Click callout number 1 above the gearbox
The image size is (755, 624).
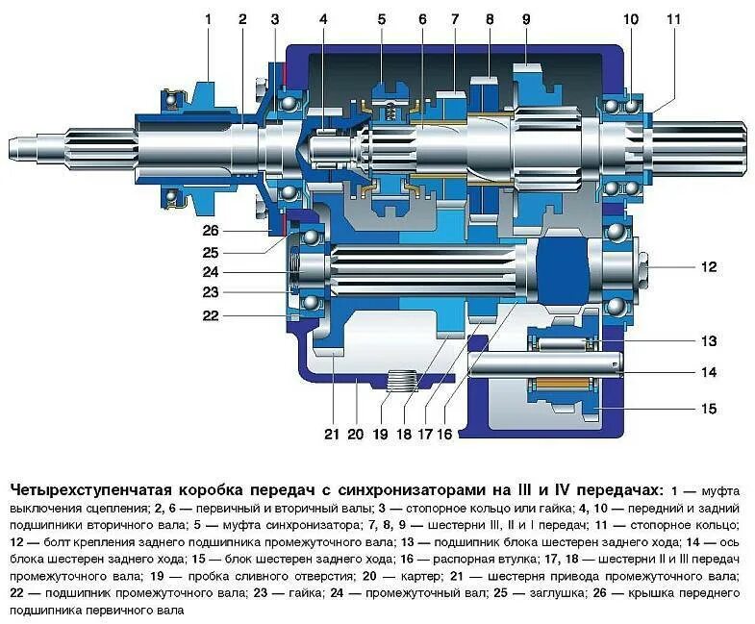pyautogui.click(x=207, y=17)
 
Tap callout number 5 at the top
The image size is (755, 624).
pyautogui.click(x=381, y=17)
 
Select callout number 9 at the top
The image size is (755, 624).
pyautogui.click(x=526, y=17)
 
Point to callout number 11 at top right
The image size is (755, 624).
pyautogui.click(x=672, y=17)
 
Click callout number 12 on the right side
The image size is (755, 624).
pyautogui.click(x=709, y=266)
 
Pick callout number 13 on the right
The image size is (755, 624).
pyautogui.click(x=709, y=340)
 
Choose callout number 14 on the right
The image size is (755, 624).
pyautogui.click(x=709, y=372)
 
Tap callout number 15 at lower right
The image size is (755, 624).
pyautogui.click(x=709, y=409)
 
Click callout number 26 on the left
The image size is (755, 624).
pyautogui.click(x=211, y=230)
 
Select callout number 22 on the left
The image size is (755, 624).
pyautogui.click(x=211, y=314)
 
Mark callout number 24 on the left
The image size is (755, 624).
pyautogui.click(x=211, y=271)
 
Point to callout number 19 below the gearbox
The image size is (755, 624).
pyautogui.click(x=381, y=435)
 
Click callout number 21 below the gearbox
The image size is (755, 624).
pyautogui.click(x=332, y=435)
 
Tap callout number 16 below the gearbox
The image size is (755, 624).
pyautogui.click(x=444, y=435)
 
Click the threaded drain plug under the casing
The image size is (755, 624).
pyautogui.click(x=402, y=382)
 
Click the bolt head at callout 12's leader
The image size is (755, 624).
pyautogui.click(x=642, y=266)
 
